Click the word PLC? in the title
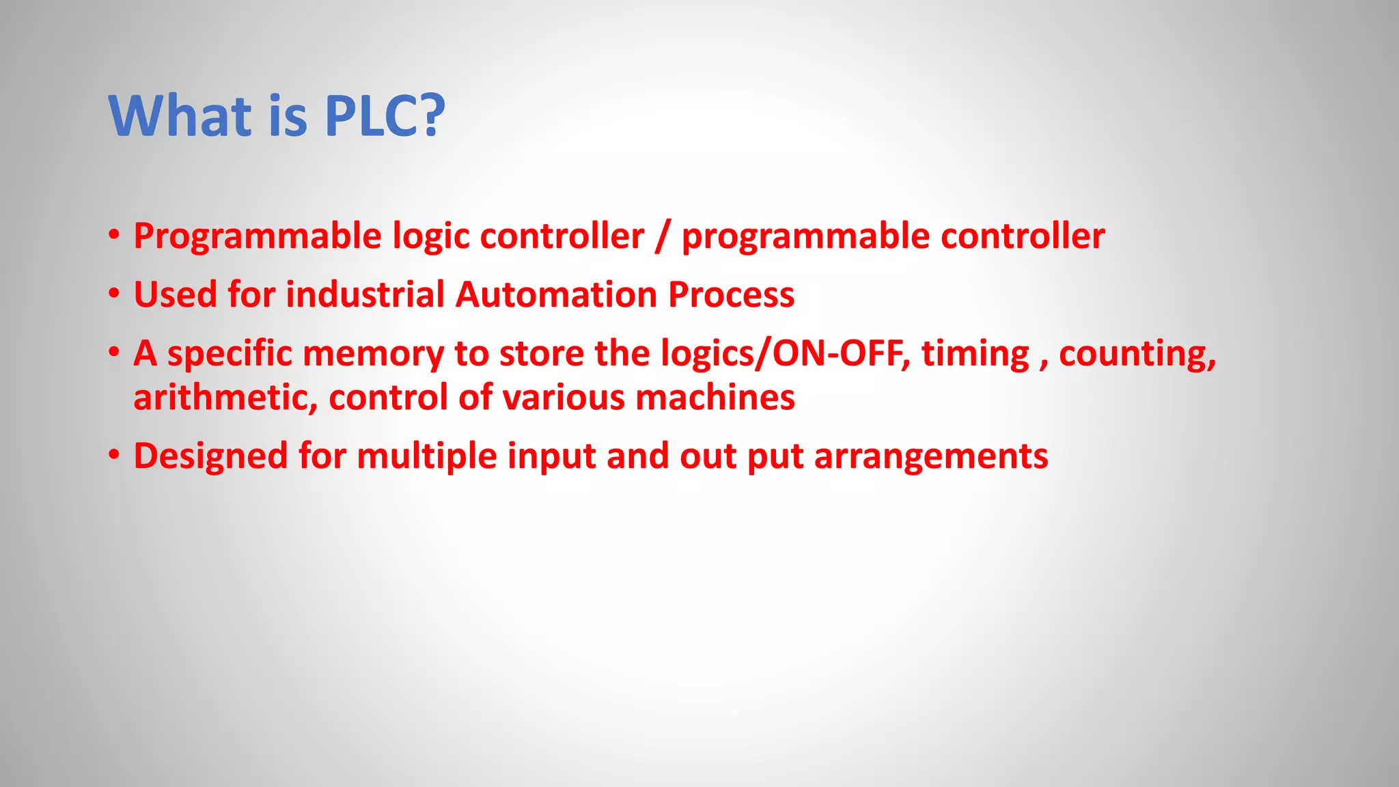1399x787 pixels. coord(385,116)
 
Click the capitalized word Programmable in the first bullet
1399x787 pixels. coord(258,236)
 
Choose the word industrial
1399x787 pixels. coord(365,295)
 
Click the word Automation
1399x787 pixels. coord(555,295)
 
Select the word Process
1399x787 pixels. coord(731,295)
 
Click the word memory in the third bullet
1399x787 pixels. coord(373,354)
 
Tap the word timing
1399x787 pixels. coord(975,354)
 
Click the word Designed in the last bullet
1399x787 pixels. coord(210,456)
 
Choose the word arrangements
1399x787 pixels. coord(931,456)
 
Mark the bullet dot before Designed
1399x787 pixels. coord(114,454)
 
